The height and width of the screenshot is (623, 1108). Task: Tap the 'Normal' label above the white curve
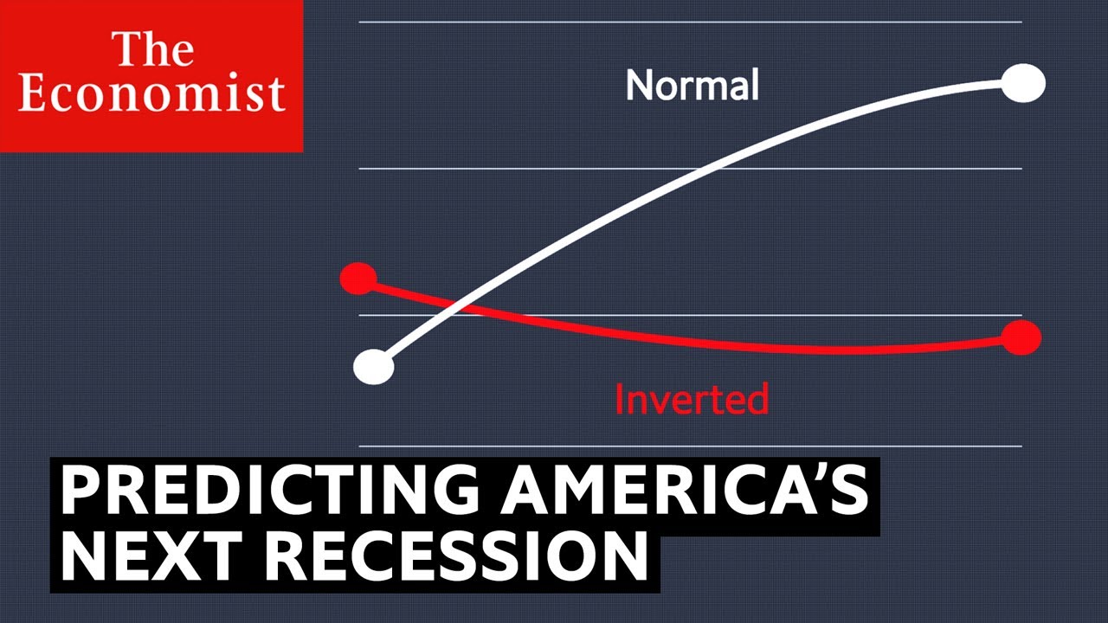692,85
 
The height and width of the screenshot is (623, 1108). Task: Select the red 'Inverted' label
692,399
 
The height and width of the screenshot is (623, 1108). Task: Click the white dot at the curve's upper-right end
1023,84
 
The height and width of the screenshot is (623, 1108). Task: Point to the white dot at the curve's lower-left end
374,367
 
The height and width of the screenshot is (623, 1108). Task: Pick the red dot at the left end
358,279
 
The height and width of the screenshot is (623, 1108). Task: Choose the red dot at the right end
1021,338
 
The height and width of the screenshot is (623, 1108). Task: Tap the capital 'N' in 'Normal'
637,85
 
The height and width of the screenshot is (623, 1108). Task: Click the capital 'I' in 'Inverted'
619,399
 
